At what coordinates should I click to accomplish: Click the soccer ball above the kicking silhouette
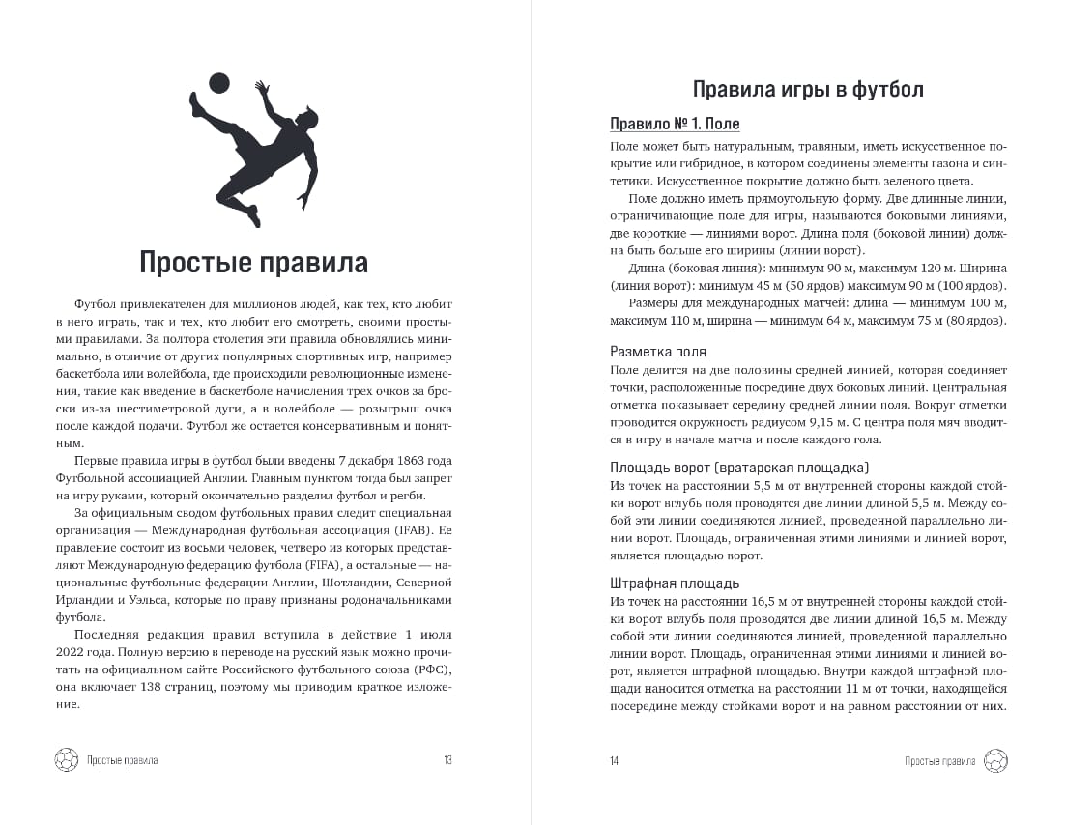point(219,84)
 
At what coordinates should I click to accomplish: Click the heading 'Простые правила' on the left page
point(253,262)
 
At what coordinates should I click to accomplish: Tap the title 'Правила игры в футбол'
point(808,90)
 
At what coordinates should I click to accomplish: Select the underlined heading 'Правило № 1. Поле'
point(675,125)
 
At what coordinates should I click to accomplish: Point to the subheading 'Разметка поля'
point(658,352)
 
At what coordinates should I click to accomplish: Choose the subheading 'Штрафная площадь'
point(675,583)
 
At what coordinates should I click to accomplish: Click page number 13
point(447,760)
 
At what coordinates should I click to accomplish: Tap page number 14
point(614,760)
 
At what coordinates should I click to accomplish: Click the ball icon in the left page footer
point(66,760)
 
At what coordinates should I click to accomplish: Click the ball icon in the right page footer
point(995,760)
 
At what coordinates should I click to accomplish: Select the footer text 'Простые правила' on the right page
point(939,760)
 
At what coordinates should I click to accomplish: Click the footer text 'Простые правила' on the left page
point(122,760)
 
